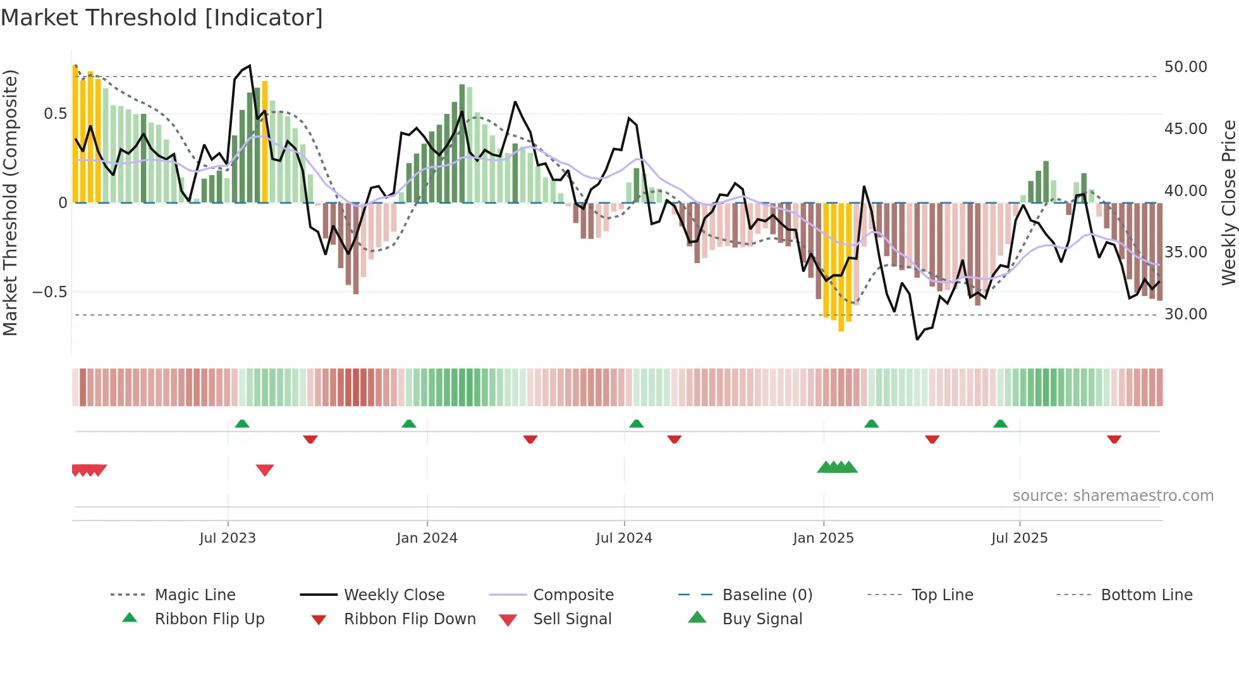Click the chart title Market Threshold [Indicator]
162,18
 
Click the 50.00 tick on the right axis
1185,67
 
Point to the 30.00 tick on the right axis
1185,314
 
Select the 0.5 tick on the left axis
55,114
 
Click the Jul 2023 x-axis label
228,538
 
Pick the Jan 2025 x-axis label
823,538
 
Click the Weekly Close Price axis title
1228,202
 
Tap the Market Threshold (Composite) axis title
10,202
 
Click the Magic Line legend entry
195,595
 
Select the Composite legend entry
573,595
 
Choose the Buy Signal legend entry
762,619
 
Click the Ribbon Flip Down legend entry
409,619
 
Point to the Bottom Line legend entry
1146,595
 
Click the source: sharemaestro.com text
1113,496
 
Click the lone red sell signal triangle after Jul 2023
265,470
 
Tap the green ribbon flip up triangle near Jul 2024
637,424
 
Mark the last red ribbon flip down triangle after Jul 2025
1114,439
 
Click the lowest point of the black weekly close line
917,339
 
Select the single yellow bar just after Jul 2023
265,142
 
